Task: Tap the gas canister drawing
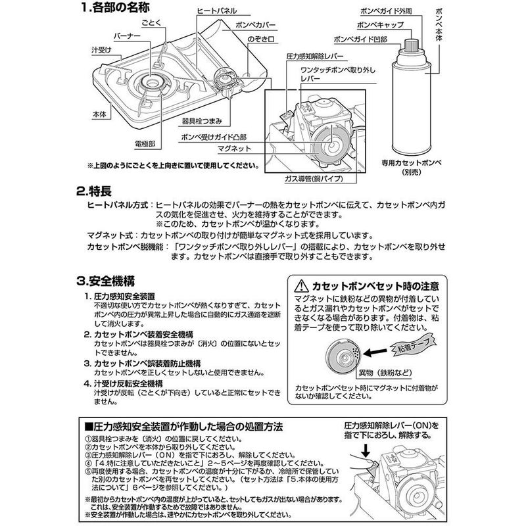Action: coord(410,99)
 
